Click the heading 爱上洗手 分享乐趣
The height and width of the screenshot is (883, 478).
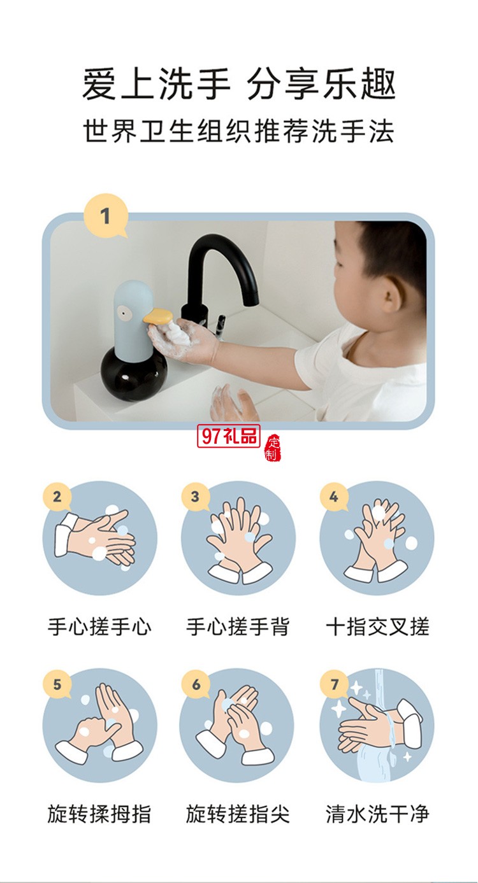238,84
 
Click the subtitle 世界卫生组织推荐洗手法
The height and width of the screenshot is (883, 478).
238,131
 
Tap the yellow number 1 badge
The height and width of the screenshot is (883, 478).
105,216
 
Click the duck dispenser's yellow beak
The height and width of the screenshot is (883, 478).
157,316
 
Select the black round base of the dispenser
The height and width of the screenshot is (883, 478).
133,372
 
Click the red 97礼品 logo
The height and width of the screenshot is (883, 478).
230,436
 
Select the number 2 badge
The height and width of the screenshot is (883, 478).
57,497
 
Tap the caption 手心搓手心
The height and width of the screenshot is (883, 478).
99,626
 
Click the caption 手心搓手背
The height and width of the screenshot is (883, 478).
238,626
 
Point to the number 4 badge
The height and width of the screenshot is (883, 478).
334,497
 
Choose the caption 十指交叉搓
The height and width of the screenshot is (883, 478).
377,626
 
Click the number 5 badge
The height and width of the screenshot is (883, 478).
57,684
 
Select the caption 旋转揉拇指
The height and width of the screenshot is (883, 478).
99,814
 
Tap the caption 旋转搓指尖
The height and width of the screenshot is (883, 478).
238,814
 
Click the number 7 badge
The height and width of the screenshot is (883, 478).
334,684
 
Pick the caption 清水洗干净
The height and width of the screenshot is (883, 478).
377,814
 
